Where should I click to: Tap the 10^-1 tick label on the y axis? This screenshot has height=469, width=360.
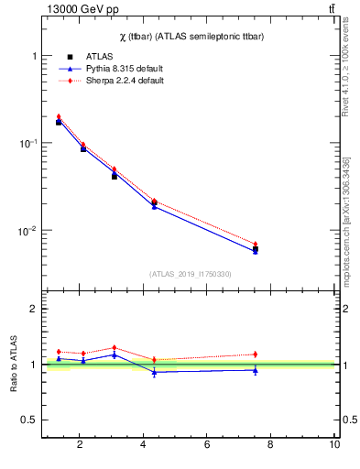(x=27, y=144)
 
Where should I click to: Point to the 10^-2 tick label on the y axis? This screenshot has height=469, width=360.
(x=27, y=231)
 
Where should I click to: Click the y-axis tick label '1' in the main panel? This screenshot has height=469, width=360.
(x=34, y=57)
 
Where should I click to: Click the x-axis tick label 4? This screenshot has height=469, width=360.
(x=143, y=444)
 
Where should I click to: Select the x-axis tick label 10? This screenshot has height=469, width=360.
(x=334, y=444)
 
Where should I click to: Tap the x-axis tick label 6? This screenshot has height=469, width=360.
(x=207, y=444)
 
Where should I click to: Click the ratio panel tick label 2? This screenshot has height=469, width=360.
(x=34, y=310)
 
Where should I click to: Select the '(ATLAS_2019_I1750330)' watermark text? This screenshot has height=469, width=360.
(x=190, y=274)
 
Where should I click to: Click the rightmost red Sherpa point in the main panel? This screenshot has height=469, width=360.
(x=256, y=244)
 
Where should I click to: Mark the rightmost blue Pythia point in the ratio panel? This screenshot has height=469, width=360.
(x=256, y=370)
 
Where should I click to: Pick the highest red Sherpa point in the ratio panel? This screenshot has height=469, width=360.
(x=115, y=347)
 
